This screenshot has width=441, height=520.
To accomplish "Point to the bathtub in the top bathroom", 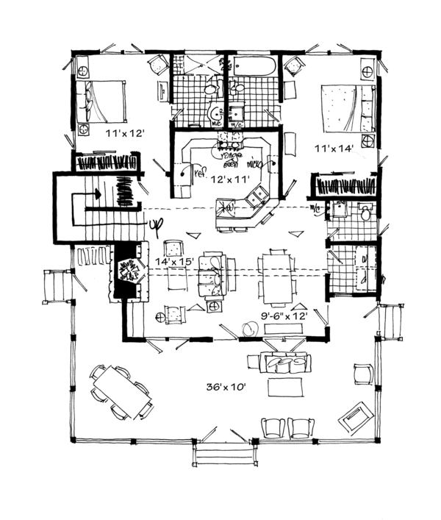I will coord(254,68).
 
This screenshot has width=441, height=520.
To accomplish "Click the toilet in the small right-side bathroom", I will coord(365,213).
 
